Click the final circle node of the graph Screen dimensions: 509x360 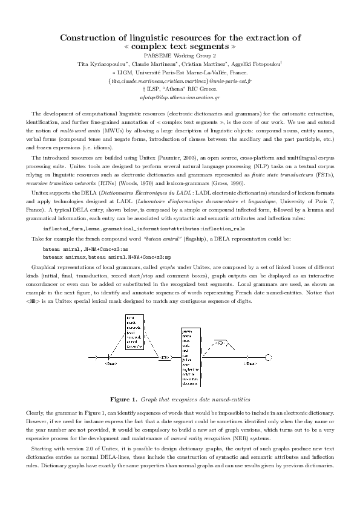(x=269, y=358)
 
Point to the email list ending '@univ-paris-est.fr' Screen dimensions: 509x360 (x=180, y=80)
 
